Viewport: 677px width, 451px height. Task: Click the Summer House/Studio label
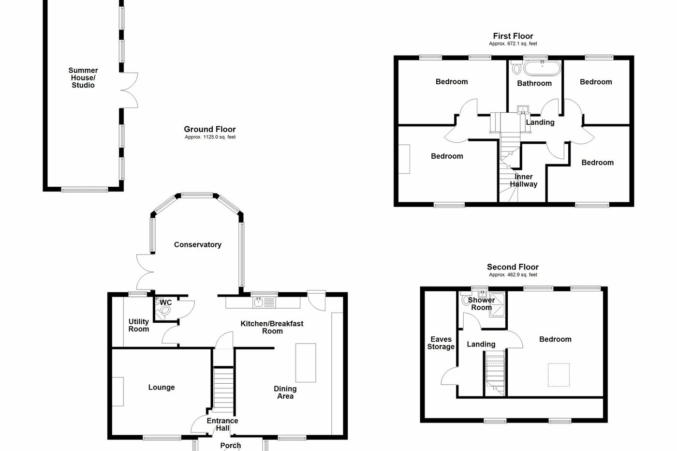click(x=83, y=78)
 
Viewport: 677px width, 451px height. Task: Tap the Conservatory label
click(x=197, y=245)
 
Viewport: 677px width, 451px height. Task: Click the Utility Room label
click(x=139, y=325)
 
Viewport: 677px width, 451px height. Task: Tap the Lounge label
click(x=162, y=388)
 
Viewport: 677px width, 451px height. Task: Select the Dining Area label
click(x=285, y=392)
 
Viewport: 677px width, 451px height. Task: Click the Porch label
click(x=230, y=446)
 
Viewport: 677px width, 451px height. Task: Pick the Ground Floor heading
click(x=210, y=129)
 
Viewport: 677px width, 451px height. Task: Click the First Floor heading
click(x=513, y=36)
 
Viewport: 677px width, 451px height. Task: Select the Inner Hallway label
click(x=523, y=180)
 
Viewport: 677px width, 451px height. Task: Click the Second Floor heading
click(x=513, y=267)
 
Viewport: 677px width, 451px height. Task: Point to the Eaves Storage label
click(x=441, y=343)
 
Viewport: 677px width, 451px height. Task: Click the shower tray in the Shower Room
click(x=497, y=304)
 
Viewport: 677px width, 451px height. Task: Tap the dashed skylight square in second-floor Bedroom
click(x=559, y=375)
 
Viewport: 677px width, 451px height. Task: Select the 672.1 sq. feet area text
click(x=513, y=44)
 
